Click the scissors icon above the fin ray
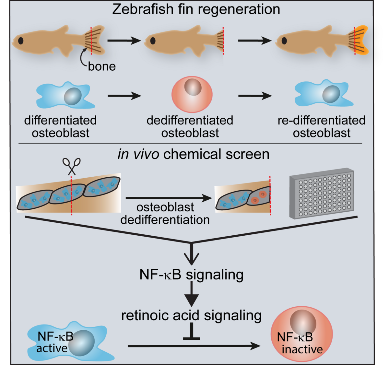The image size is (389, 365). click(x=72, y=166)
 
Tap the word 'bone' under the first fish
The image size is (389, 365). click(x=102, y=66)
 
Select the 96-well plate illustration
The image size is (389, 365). click(x=322, y=194)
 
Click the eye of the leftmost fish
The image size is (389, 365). click(x=21, y=41)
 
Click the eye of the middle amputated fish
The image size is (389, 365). click(x=153, y=41)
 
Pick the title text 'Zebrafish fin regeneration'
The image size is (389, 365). click(x=196, y=9)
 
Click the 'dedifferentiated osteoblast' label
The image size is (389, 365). click(x=190, y=126)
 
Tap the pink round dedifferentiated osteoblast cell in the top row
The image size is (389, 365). click(x=192, y=94)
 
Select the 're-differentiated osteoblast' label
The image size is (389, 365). click(x=322, y=126)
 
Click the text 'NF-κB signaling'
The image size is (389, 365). click(x=191, y=275)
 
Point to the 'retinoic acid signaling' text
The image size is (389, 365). click(x=191, y=315)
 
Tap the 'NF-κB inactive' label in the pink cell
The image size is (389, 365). click(x=300, y=343)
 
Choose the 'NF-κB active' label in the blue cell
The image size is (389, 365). click(x=55, y=342)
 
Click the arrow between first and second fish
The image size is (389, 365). click(x=124, y=41)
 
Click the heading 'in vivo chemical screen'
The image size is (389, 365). click(x=193, y=154)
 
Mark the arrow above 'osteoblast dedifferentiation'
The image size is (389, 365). click(x=169, y=198)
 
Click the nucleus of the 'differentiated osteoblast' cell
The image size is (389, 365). click(x=73, y=96)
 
